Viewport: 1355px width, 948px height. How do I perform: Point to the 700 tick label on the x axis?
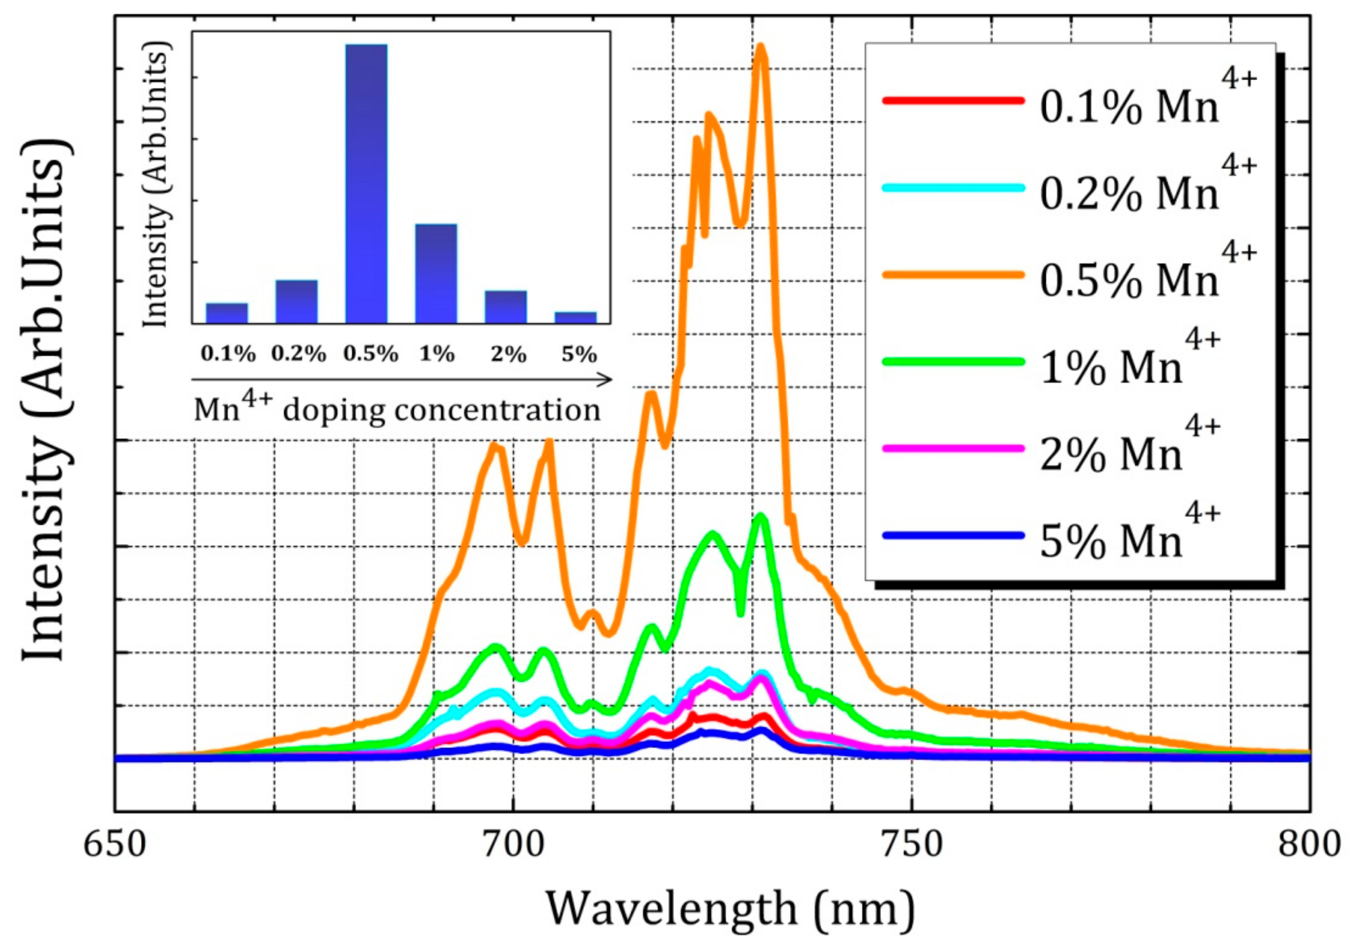pyautogui.click(x=513, y=845)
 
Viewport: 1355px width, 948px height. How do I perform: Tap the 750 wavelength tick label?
pyautogui.click(x=912, y=845)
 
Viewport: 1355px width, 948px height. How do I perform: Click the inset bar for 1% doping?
pyautogui.click(x=436, y=274)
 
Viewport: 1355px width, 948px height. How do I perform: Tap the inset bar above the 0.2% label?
pyautogui.click(x=297, y=301)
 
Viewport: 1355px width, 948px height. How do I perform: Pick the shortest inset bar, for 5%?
pyautogui.click(x=575, y=317)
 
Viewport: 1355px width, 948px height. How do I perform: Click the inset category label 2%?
pyautogui.click(x=508, y=355)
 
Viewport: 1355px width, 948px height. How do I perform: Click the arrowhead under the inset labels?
pyautogui.click(x=607, y=380)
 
